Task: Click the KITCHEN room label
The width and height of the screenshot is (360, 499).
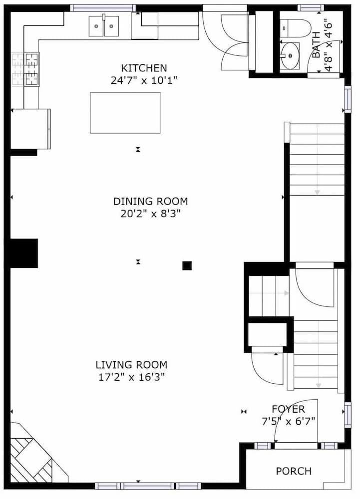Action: coord(144,68)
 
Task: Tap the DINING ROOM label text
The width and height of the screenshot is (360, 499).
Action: coord(150,202)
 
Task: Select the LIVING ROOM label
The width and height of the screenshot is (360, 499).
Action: coord(131,365)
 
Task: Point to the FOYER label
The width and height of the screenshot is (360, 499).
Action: coord(288,409)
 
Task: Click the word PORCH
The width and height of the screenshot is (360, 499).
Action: coord(294,471)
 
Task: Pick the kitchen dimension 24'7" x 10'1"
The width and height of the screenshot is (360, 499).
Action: coord(144,80)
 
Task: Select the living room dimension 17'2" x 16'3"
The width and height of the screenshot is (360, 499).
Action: coord(131,377)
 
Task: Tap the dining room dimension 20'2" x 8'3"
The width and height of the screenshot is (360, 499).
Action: coord(150,214)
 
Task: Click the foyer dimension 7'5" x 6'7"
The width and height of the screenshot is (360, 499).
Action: coord(288,422)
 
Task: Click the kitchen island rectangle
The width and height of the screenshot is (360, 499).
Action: coord(125,113)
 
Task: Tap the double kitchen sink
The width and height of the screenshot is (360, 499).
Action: coord(104,26)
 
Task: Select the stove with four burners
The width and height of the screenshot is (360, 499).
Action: coord(25,69)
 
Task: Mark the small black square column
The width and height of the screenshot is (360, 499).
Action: coord(187,265)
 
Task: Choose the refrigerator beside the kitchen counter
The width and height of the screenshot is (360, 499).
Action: coord(30,128)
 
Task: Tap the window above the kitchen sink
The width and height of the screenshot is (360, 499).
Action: coord(103,8)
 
